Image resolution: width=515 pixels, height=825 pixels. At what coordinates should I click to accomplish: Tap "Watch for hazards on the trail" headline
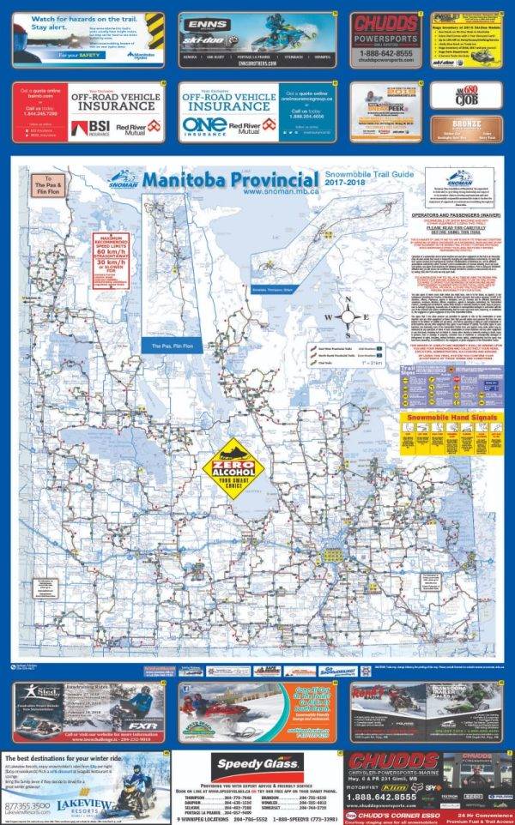[x=65, y=20]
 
